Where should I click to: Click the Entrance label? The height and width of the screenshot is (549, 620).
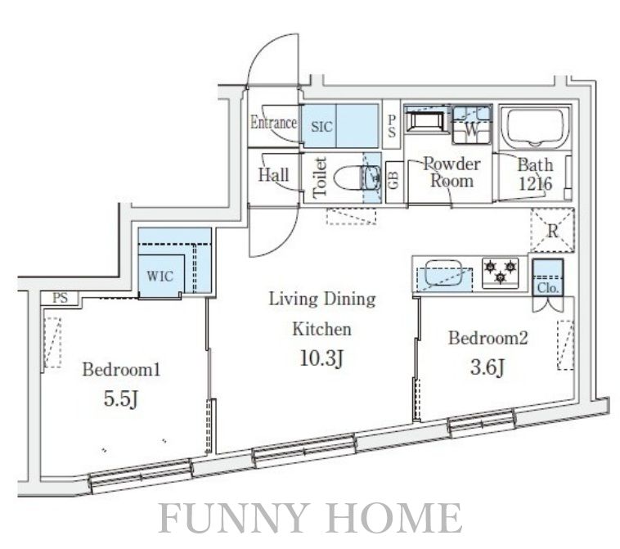click(x=273, y=122)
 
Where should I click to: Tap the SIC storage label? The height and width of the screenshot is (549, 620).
click(x=321, y=127)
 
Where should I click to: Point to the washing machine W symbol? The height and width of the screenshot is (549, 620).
click(x=472, y=128)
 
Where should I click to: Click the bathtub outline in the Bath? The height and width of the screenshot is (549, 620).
click(x=536, y=127)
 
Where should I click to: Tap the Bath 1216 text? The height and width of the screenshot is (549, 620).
click(x=536, y=174)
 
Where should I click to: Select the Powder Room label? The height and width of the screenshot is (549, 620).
click(x=452, y=173)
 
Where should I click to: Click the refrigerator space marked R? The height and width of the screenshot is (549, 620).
click(x=552, y=231)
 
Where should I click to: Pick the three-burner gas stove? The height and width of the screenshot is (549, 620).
click(x=501, y=272)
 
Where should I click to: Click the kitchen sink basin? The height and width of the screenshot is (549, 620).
click(x=443, y=272)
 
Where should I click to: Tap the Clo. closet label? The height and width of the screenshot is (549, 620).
click(x=548, y=288)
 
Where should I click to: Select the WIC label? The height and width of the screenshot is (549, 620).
click(x=160, y=276)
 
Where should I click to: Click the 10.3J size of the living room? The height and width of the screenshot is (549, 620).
click(x=321, y=358)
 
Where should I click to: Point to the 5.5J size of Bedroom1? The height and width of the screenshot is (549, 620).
click(x=120, y=399)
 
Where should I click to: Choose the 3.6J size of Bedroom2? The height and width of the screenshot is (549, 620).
click(x=487, y=367)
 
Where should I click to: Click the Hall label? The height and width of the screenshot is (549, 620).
click(x=273, y=175)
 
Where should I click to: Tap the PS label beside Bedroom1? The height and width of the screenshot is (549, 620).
click(x=60, y=298)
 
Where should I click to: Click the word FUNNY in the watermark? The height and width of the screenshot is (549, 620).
click(x=233, y=518)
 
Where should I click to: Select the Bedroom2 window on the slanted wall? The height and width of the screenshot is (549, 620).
click(x=483, y=424)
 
